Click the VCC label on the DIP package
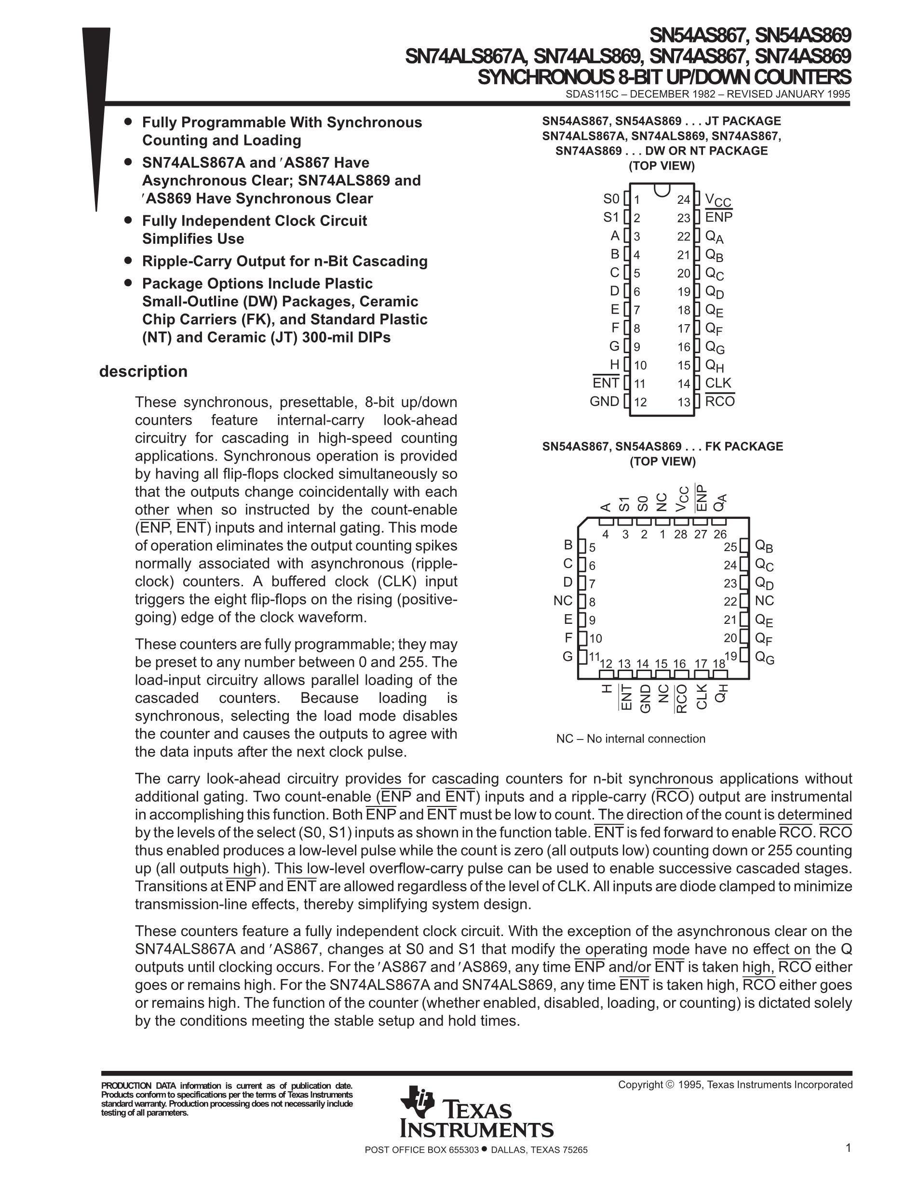point(717,200)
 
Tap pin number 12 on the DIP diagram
point(640,402)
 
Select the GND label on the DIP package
point(604,402)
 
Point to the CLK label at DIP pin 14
point(718,383)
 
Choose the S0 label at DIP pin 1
point(611,199)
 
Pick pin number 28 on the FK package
point(680,534)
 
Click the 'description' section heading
point(143,372)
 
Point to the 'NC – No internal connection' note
point(630,739)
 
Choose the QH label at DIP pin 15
point(714,365)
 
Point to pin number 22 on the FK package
point(730,601)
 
